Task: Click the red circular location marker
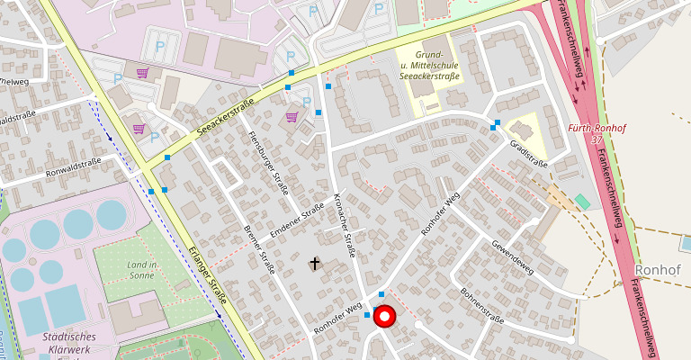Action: tap(385, 317)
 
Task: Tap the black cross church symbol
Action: tap(315, 264)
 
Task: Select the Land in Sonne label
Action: tap(142, 270)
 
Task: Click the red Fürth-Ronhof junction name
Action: tap(597, 129)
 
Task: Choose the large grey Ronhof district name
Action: tap(661, 269)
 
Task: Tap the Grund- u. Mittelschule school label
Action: tap(430, 66)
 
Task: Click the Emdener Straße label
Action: tap(297, 222)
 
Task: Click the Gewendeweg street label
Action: tap(512, 259)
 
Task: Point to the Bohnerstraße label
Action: tap(480, 306)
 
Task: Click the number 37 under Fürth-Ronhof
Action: tap(597, 140)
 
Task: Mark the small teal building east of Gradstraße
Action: tap(582, 202)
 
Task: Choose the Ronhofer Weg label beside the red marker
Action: tap(338, 319)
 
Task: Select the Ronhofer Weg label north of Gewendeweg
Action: tap(441, 212)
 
